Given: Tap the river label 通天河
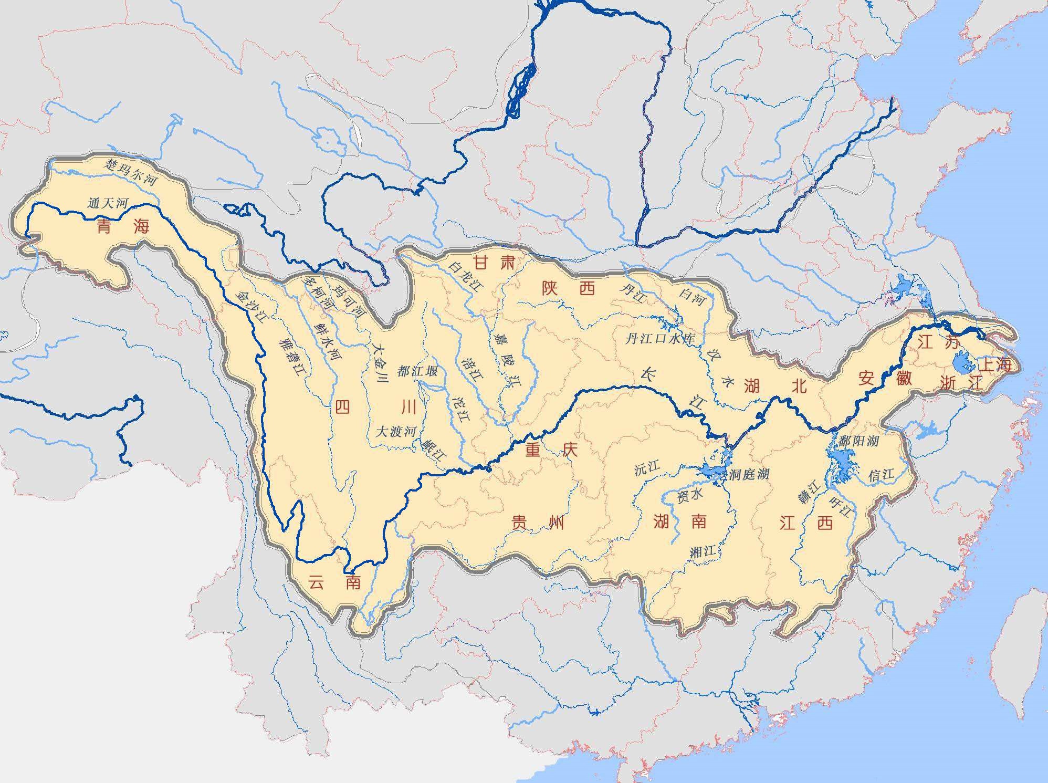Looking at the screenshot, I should click(x=108, y=203).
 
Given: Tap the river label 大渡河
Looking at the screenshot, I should click(x=397, y=431).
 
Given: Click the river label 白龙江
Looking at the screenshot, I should click(x=465, y=275).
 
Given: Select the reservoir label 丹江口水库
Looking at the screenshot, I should click(x=659, y=339).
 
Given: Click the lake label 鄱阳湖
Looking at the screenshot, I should click(x=858, y=440).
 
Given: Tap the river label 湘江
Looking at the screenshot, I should click(x=703, y=551).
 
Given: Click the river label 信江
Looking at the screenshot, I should click(x=881, y=475).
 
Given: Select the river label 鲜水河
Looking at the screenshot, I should click(x=327, y=340).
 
